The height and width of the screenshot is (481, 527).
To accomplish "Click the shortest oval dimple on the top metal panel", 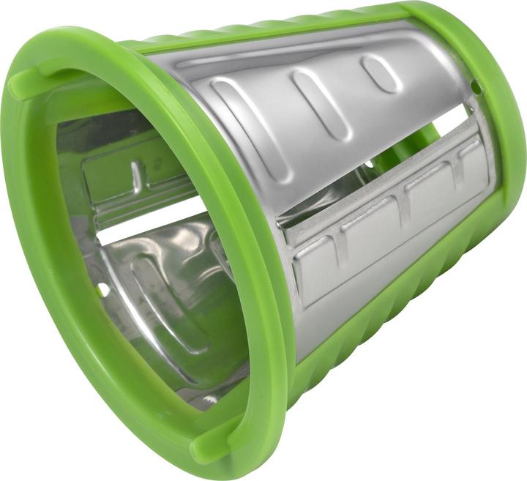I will pyautogui.click(x=381, y=73).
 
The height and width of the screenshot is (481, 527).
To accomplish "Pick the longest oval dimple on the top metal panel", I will pyautogui.click(x=242, y=124).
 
